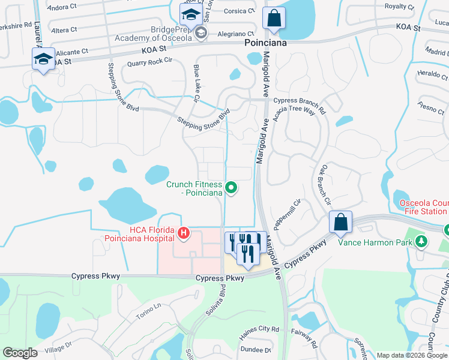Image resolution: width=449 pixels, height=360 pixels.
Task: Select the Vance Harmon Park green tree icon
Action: coord(422,241)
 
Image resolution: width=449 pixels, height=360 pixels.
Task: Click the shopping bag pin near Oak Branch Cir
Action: coord(340,222)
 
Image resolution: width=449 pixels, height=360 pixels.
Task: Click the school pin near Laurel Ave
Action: coord(43,59)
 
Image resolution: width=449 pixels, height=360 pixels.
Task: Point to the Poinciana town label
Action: coord(265,44)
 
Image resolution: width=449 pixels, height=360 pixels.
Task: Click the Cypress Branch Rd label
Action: coord(299,101)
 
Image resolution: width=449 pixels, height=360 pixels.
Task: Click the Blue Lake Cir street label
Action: coord(196,82)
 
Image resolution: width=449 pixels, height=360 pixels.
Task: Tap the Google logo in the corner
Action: coord(20,353)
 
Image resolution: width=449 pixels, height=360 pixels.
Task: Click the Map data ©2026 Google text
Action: coord(412,355)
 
